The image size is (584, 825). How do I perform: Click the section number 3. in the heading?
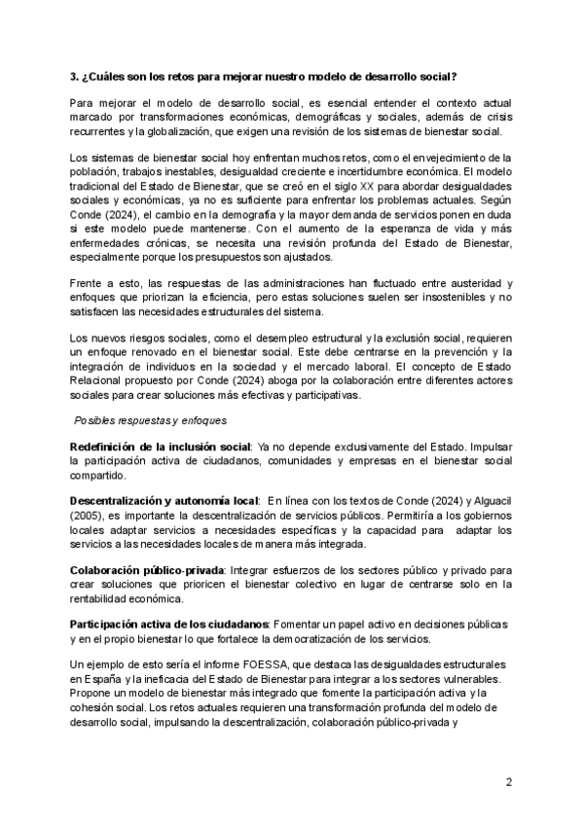(75, 77)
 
